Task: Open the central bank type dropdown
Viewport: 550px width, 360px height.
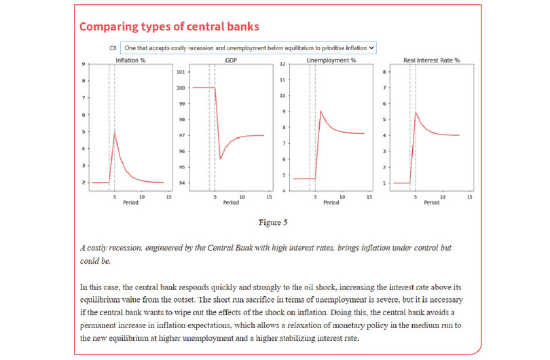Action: [x=248, y=48]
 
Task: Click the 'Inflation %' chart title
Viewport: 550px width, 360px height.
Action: [x=131, y=60]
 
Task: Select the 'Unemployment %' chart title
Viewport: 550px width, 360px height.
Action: [x=331, y=60]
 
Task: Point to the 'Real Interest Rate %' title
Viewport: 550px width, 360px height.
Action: [x=432, y=60]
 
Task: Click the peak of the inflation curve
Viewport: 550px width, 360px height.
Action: [x=115, y=132]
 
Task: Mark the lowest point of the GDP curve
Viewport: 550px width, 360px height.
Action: [x=221, y=159]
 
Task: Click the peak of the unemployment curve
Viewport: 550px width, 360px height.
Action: [x=320, y=111]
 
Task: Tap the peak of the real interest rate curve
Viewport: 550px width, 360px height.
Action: [x=416, y=112]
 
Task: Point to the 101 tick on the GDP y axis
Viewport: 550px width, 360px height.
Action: [x=181, y=72]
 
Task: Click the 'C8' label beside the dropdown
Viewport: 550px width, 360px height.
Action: [x=113, y=48]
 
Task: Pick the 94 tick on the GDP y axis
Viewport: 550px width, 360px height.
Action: [x=181, y=183]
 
